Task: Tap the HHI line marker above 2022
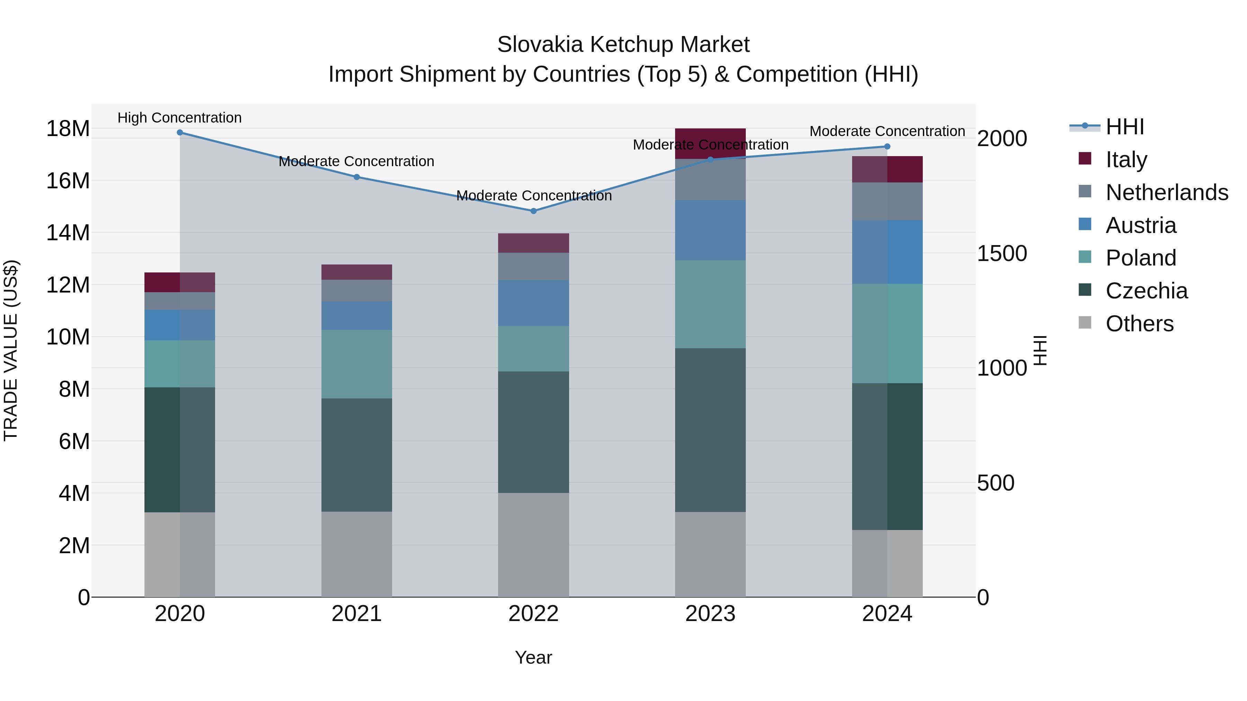533,211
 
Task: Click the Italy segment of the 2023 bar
710,143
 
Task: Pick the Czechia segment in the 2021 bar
357,455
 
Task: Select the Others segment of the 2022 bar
533,545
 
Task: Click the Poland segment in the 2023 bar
710,304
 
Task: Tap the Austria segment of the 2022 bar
533,303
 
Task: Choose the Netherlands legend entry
1167,192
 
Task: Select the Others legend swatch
1085,323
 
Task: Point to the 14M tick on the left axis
68,233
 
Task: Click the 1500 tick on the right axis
1001,253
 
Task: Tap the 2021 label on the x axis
357,614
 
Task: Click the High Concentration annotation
179,118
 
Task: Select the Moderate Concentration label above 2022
533,196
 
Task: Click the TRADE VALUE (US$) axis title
11,350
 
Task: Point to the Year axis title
533,657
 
